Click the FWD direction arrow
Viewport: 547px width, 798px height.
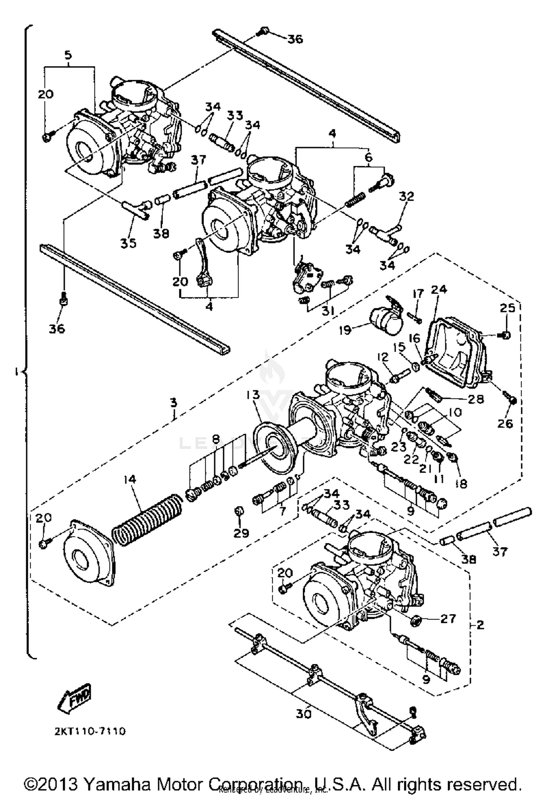click(x=74, y=699)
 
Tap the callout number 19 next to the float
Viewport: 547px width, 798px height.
click(x=345, y=330)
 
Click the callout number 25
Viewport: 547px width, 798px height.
click(x=507, y=308)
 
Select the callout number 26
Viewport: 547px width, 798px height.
click(x=505, y=423)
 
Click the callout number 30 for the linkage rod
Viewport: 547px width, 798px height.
click(x=303, y=714)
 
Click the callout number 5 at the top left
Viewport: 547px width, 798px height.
click(x=68, y=55)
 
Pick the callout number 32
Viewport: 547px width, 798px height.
click(x=407, y=196)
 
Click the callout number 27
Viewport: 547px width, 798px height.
click(x=448, y=618)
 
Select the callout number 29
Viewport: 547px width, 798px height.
click(x=241, y=533)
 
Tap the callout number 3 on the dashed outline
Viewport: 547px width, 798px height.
click(x=174, y=403)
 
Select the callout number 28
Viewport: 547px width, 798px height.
click(x=476, y=399)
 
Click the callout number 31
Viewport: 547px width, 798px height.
click(x=328, y=310)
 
